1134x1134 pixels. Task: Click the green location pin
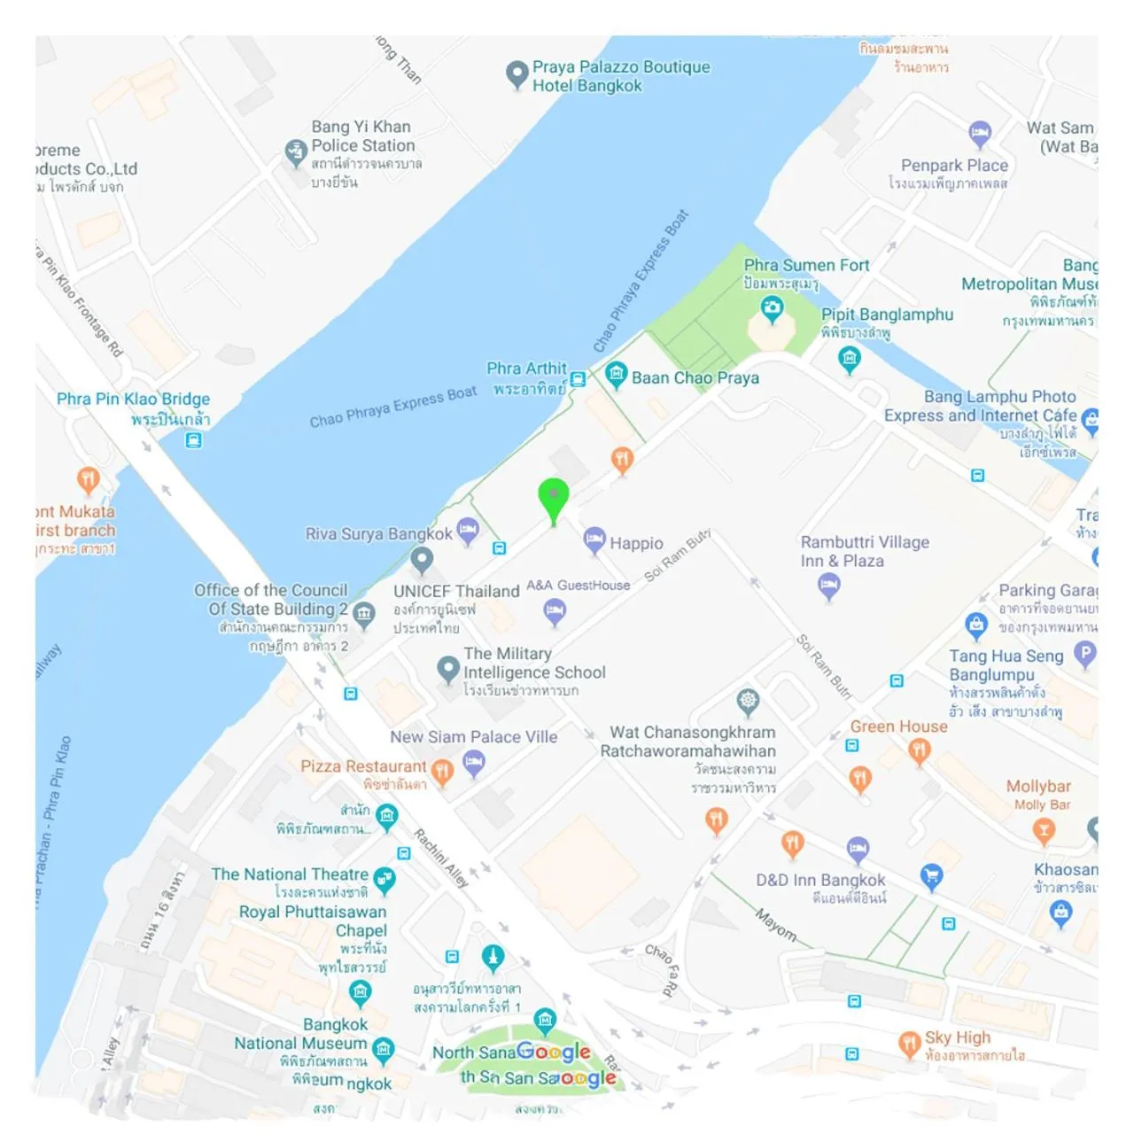(x=554, y=497)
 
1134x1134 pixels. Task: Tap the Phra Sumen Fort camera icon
(x=773, y=308)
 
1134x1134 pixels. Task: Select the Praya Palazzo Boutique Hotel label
(x=620, y=76)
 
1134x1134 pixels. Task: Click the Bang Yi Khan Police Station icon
(x=296, y=152)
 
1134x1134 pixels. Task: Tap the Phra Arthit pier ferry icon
(x=578, y=379)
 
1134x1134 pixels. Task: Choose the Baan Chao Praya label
(x=695, y=378)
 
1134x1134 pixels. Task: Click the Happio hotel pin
(x=594, y=539)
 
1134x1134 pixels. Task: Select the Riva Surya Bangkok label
(x=378, y=534)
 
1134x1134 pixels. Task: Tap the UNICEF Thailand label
(x=456, y=591)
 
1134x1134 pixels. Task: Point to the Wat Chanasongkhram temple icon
(x=749, y=702)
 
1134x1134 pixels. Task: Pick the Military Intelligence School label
(x=534, y=663)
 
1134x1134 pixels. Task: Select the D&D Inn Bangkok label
(x=820, y=880)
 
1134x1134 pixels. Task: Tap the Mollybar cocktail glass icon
(x=1044, y=830)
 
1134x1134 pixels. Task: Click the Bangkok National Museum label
(x=300, y=1034)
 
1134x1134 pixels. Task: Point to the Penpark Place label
(x=954, y=166)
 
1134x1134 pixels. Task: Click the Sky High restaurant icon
(x=909, y=1043)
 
